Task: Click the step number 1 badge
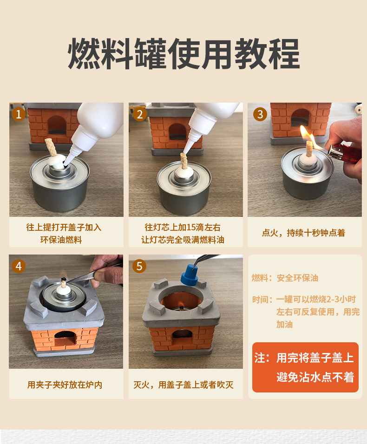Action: (19, 114)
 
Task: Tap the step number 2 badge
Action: (140, 114)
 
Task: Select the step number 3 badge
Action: (260, 114)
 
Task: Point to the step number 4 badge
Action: (19, 266)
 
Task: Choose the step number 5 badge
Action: (139, 266)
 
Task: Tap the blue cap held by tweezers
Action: (190, 274)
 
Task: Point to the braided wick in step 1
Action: (51, 147)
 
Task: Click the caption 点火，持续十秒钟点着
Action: (303, 233)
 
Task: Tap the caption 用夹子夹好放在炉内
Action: (65, 385)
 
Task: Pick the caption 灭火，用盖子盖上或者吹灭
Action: (183, 385)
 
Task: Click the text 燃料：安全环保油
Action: (285, 278)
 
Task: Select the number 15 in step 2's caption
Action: (191, 228)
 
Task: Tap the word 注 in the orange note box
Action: (260, 358)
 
